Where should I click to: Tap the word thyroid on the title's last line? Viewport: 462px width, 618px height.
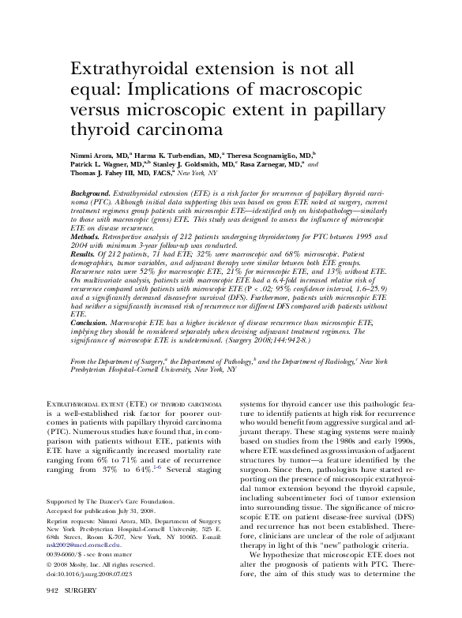pyautogui.click(x=99, y=128)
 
